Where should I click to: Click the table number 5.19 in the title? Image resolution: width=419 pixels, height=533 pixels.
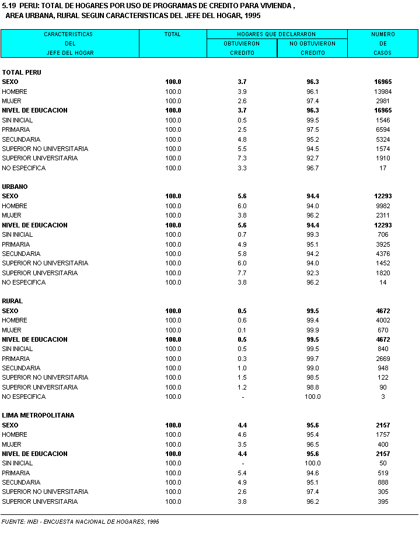tap(10, 6)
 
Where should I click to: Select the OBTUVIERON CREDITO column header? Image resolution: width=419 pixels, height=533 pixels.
tap(242, 48)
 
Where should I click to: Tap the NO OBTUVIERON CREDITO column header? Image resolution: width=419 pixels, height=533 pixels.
tap(312, 48)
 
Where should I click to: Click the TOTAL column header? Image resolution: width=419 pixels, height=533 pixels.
tap(173, 34)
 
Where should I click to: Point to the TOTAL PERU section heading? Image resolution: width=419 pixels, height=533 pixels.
tap(22, 72)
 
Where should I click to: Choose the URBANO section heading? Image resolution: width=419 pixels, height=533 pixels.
tap(15, 187)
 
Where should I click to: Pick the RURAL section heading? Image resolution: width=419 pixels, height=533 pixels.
tap(12, 301)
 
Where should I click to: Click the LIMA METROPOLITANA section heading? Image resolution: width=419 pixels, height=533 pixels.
tap(38, 415)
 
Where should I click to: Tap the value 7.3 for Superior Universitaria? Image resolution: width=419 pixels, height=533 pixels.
tap(242, 158)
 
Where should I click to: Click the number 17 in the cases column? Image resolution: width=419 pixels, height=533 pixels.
tap(383, 168)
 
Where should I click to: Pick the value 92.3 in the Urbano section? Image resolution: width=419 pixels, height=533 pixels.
tap(312, 273)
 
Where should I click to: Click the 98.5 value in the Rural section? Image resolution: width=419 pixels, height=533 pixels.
tap(312, 377)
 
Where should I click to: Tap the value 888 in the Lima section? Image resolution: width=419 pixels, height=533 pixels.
tap(383, 482)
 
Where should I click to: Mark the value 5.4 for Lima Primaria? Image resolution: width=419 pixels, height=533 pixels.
tap(242, 473)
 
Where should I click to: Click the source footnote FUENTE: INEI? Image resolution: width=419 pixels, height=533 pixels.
tap(79, 521)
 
